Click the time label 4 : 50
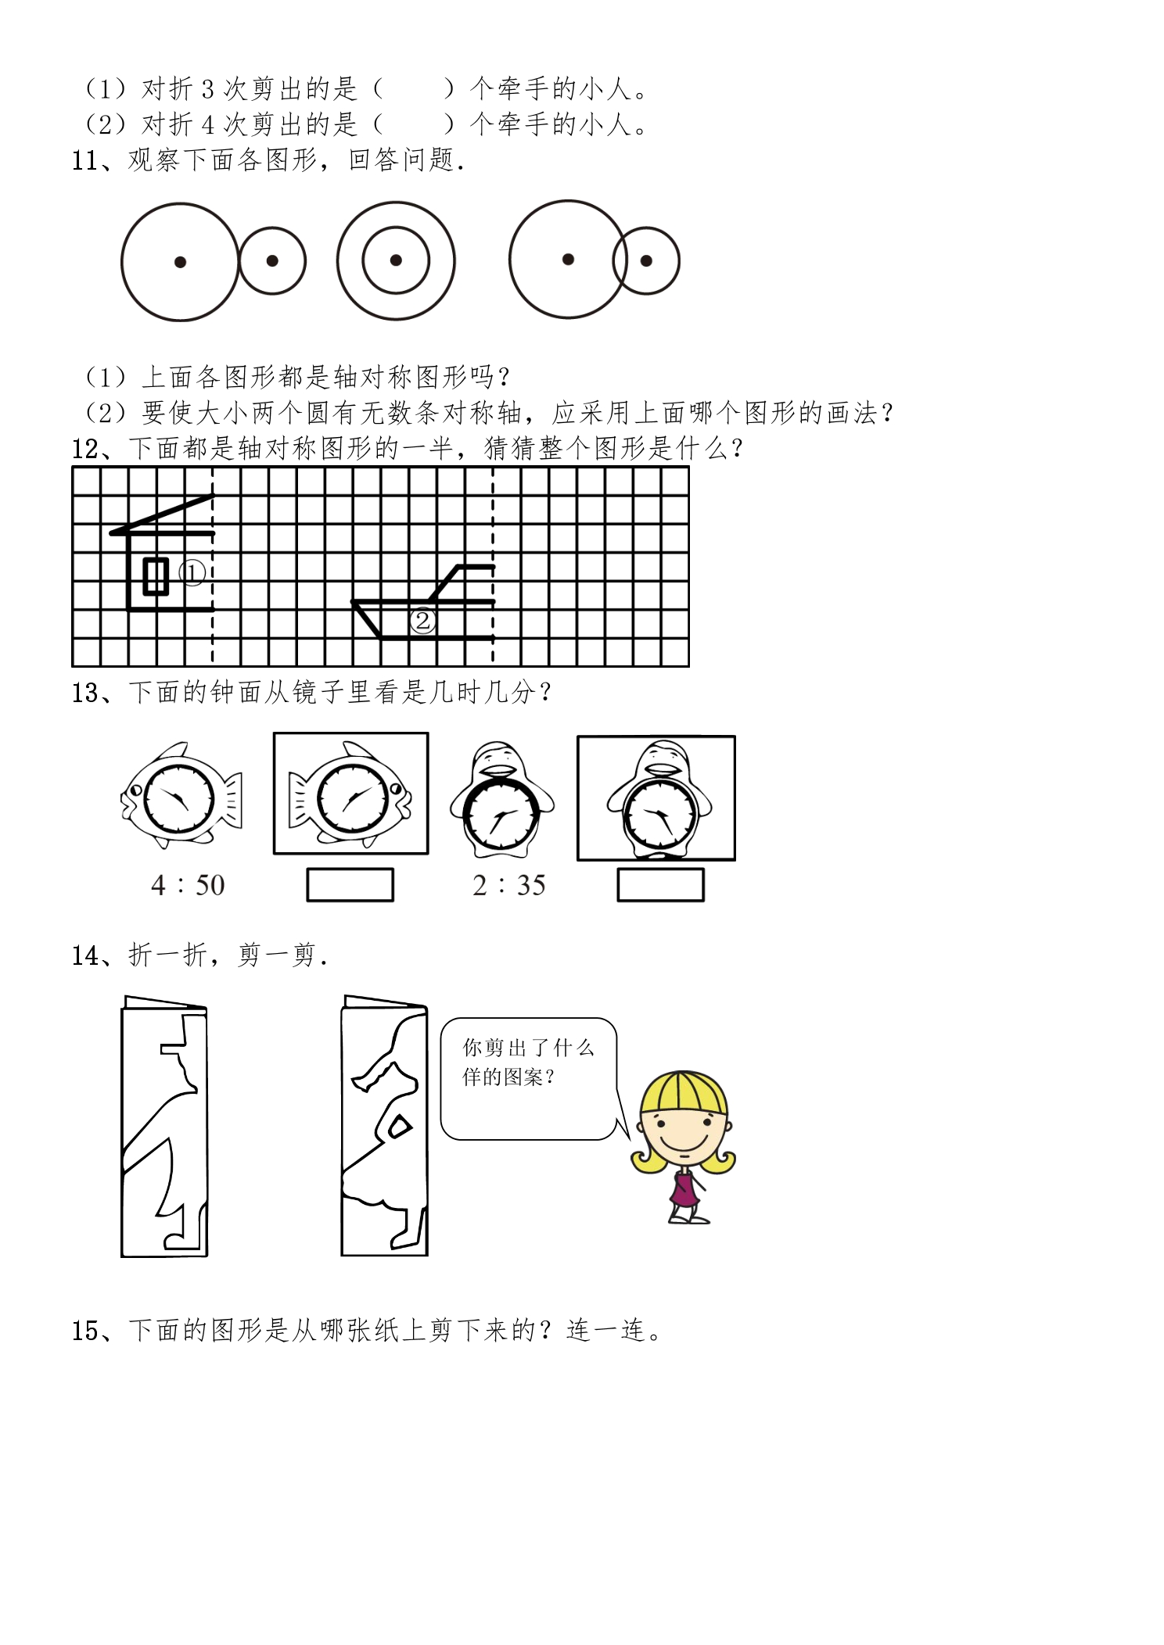[x=188, y=885]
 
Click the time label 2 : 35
[x=509, y=885]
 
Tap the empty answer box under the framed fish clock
[x=350, y=885]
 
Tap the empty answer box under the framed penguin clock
[x=660, y=885]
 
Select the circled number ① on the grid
[x=192, y=573]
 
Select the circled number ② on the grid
[x=423, y=621]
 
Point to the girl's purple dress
[x=684, y=1189]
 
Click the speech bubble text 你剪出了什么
[x=528, y=1048]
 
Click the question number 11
[x=84, y=160]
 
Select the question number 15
[x=84, y=1331]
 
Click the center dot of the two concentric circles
[x=396, y=260]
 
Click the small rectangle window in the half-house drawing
[x=156, y=576]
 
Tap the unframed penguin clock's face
[x=501, y=814]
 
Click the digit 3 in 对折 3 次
[x=207, y=90]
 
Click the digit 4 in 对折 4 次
[x=207, y=125]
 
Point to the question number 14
[x=84, y=955]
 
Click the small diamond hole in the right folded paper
[x=399, y=1127]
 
